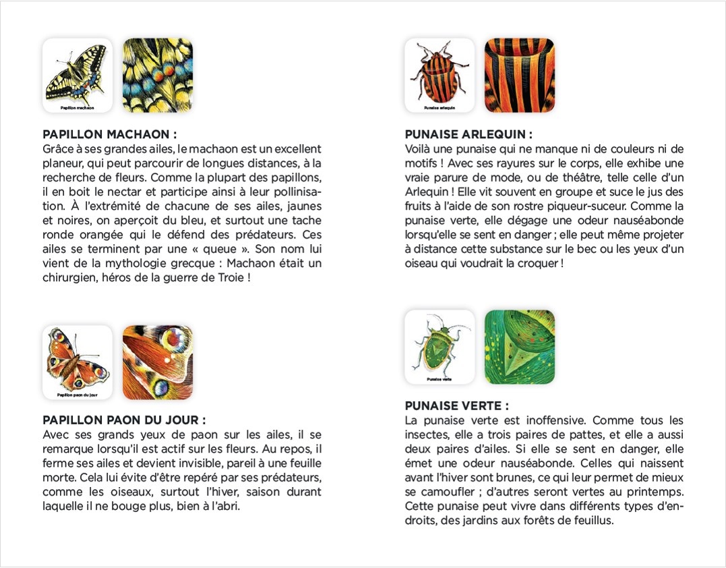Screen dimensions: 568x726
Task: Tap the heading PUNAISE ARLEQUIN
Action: click(468, 134)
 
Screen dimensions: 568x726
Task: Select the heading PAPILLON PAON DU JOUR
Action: click(124, 420)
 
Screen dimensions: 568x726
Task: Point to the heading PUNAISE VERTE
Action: click(456, 405)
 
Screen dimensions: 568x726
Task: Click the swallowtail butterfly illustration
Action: click(77, 72)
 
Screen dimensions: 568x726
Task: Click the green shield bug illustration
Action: click(440, 343)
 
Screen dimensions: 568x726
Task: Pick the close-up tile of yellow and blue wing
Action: click(158, 75)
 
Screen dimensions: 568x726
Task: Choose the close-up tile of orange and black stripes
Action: click(520, 75)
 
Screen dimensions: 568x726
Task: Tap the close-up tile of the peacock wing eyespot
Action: click(158, 362)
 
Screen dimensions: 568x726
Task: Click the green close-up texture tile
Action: click(520, 347)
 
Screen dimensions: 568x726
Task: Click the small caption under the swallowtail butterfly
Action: click(77, 108)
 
